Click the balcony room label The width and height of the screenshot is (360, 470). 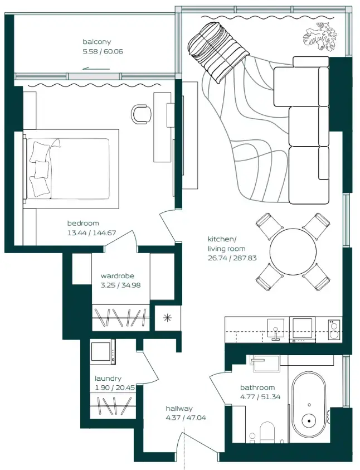click(x=97, y=42)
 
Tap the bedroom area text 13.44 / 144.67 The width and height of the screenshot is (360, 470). click(x=91, y=232)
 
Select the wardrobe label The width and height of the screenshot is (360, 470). click(x=117, y=276)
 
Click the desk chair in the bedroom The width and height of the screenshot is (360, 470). click(x=141, y=113)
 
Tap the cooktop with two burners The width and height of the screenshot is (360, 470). click(x=333, y=329)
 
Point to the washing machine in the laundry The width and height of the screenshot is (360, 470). click(x=103, y=352)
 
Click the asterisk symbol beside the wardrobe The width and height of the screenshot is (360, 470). click(x=166, y=318)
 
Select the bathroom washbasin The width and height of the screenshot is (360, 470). click(x=264, y=363)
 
